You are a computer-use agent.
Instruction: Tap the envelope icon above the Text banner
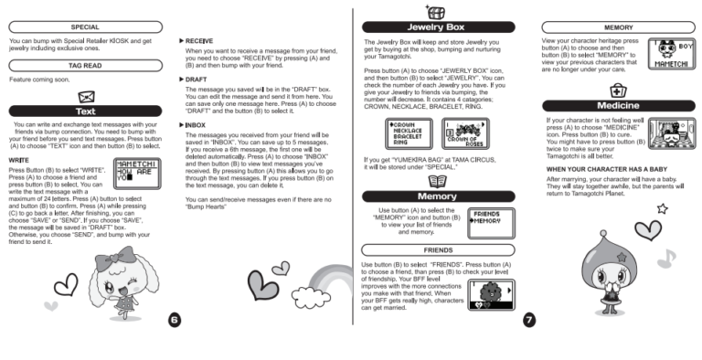pyautogui.click(x=86, y=95)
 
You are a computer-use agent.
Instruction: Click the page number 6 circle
pyautogui.click(x=175, y=319)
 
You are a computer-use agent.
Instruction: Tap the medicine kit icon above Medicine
pyautogui.click(x=617, y=90)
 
